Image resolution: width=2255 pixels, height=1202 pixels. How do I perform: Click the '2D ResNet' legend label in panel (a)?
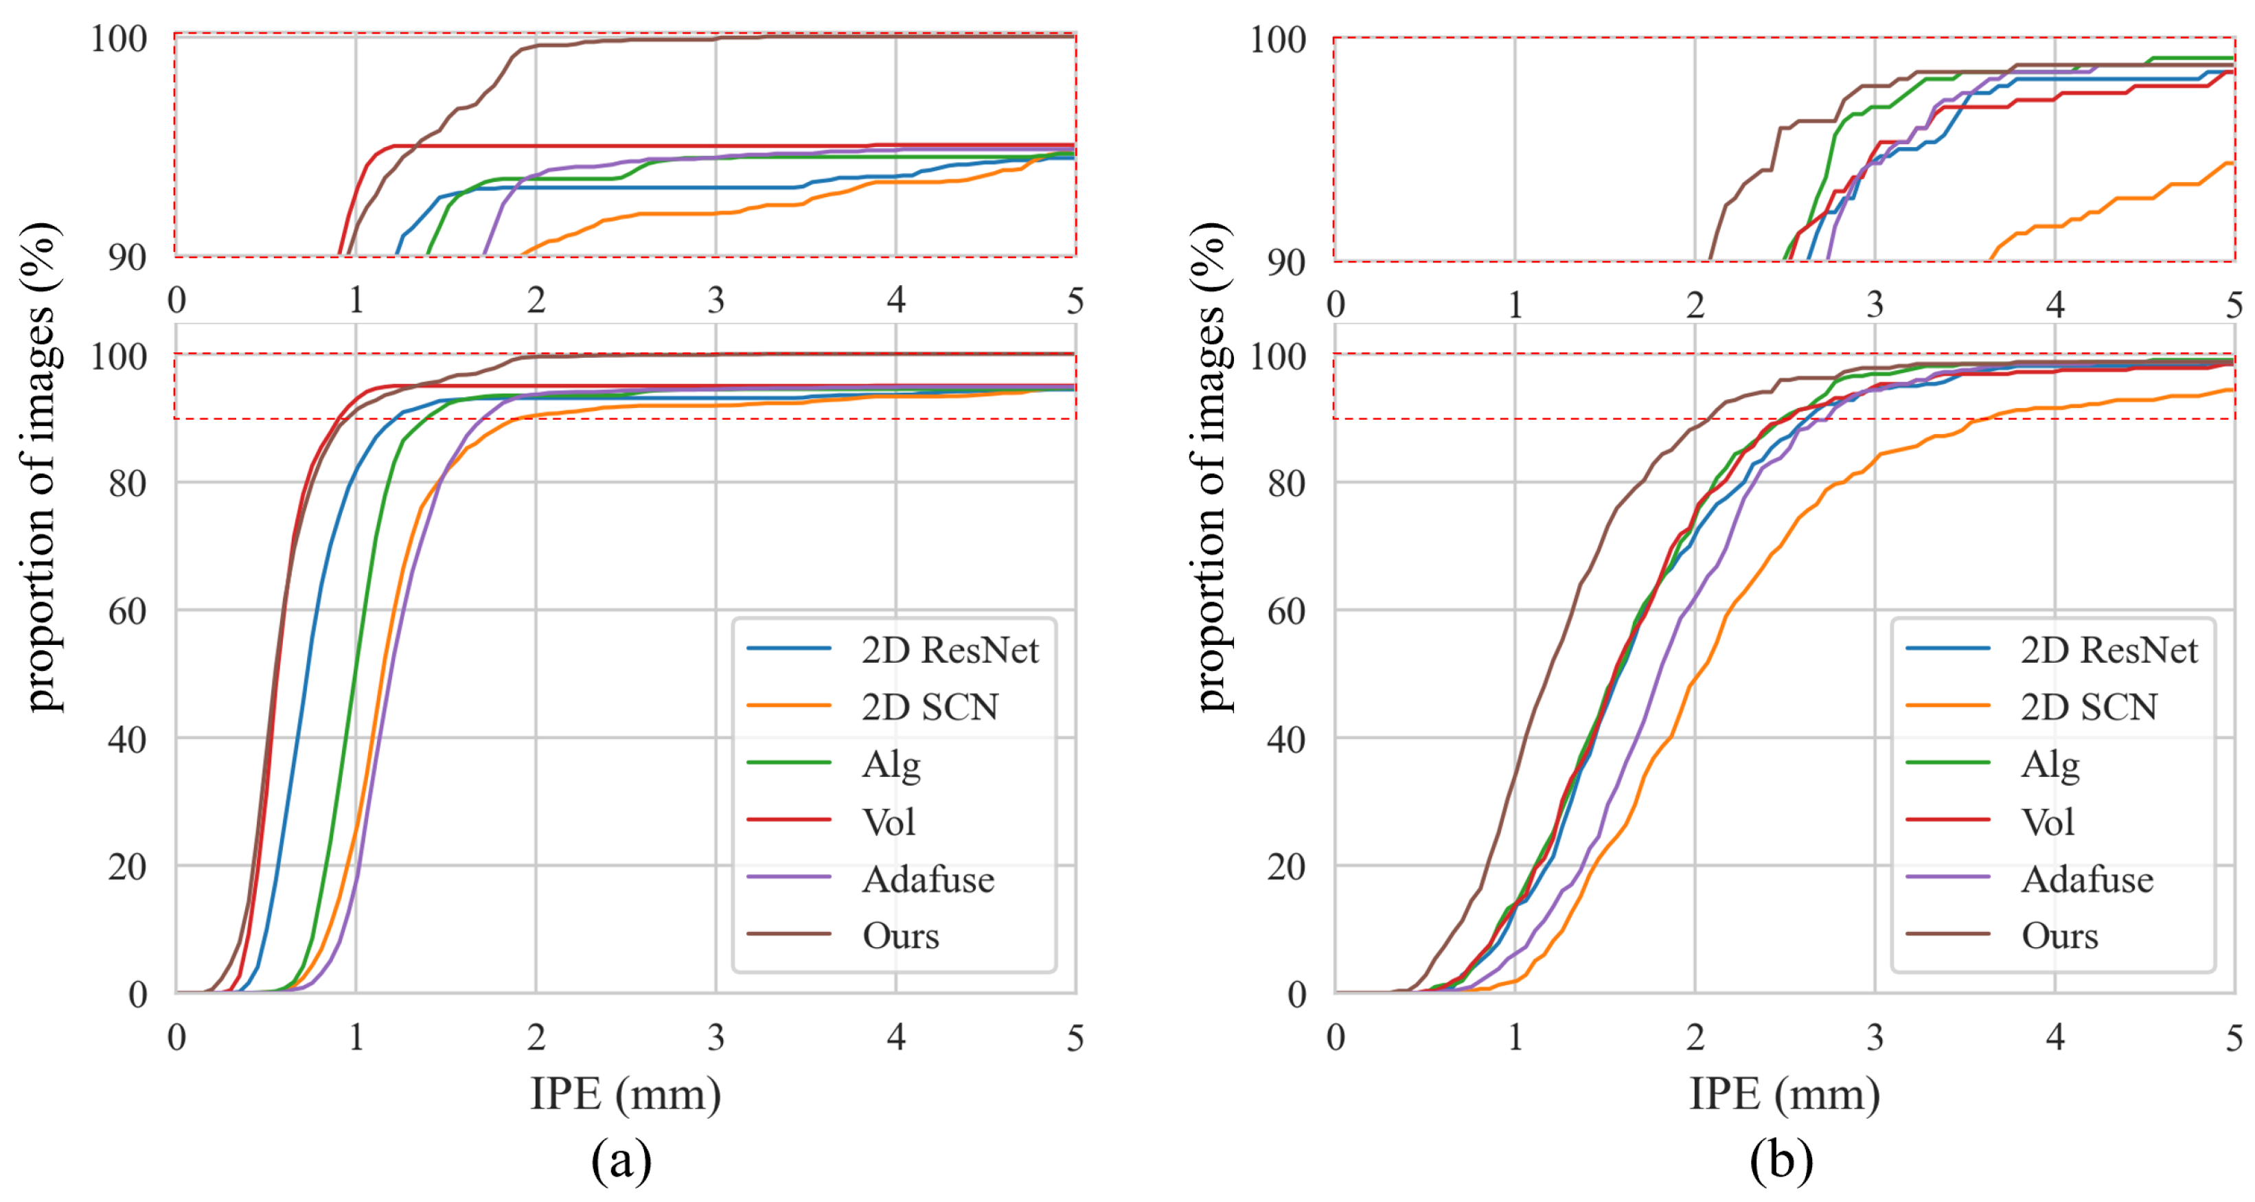[x=950, y=650]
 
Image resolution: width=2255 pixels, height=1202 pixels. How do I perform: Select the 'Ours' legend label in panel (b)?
[x=2060, y=936]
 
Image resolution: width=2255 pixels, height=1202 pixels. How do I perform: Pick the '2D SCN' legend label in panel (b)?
[x=2089, y=707]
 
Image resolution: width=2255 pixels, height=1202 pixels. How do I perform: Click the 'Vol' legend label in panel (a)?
[x=889, y=822]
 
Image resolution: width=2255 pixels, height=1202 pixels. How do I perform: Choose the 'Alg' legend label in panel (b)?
[x=2049, y=765]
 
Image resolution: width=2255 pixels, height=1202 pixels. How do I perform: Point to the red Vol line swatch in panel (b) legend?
[x=1948, y=820]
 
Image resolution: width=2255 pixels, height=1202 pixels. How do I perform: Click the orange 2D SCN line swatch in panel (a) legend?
[x=789, y=705]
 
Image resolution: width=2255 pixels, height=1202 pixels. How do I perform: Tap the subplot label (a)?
[x=621, y=1161]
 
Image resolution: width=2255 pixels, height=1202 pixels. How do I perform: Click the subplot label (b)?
[x=1781, y=1161]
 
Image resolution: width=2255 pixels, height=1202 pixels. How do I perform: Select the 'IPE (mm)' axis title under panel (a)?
[x=626, y=1094]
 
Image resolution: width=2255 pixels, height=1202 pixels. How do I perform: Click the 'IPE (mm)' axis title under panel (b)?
[x=1784, y=1094]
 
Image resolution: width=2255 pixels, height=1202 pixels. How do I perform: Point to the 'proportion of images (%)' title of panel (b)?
[x=1213, y=466]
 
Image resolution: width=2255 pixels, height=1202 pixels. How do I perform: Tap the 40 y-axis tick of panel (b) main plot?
[x=1287, y=740]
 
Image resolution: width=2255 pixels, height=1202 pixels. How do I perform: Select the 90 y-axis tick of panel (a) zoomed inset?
[x=128, y=258]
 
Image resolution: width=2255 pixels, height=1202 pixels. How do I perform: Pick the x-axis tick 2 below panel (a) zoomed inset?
[x=536, y=300]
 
